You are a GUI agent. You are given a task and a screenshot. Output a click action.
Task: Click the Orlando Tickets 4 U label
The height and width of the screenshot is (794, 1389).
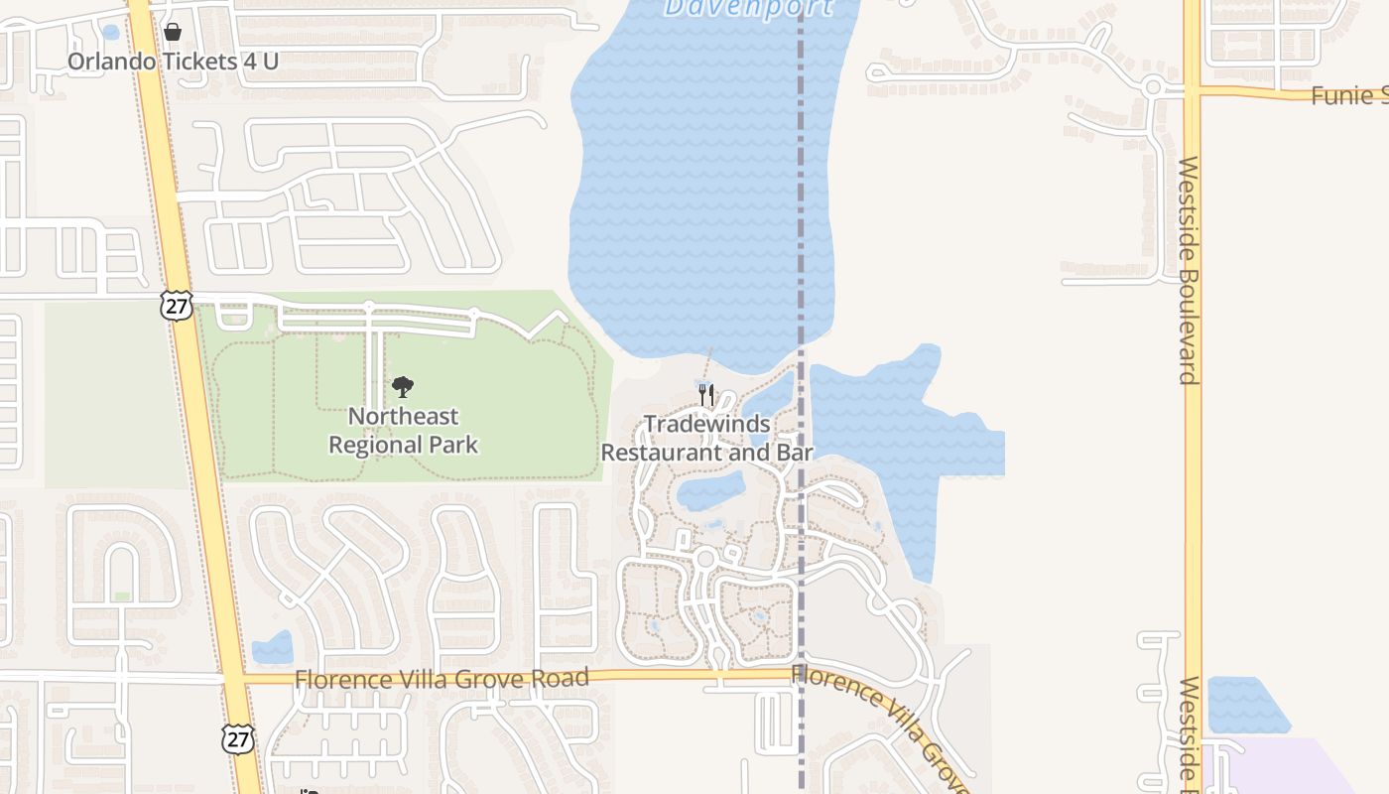173,62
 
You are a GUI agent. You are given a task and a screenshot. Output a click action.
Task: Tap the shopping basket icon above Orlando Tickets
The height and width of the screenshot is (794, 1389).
173,32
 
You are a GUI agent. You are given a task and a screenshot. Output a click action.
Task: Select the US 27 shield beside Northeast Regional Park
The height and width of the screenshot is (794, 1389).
176,306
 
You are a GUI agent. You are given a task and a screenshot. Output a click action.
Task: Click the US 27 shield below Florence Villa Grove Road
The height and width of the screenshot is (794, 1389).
238,737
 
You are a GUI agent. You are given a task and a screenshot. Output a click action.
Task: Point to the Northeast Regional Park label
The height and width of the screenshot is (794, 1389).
403,430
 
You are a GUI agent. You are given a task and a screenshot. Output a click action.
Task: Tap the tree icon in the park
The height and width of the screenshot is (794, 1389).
403,387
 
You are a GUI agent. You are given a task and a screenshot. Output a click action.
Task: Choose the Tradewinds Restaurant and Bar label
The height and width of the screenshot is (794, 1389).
707,438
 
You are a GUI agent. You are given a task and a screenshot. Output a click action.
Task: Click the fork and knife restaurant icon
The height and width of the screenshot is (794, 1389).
706,394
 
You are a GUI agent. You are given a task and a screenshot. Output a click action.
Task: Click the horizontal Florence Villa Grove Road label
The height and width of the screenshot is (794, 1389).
442,679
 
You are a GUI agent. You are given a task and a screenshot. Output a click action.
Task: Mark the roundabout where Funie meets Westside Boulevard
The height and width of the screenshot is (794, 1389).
1153,87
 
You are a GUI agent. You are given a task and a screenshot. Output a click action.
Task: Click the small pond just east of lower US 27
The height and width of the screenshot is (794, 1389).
273,649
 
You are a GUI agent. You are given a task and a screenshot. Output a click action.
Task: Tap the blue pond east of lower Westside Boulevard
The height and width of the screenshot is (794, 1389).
1244,706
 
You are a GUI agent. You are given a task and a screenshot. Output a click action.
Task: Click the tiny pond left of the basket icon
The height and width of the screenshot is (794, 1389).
110,32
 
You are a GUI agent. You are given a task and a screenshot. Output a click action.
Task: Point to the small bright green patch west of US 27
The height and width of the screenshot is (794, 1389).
122,596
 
